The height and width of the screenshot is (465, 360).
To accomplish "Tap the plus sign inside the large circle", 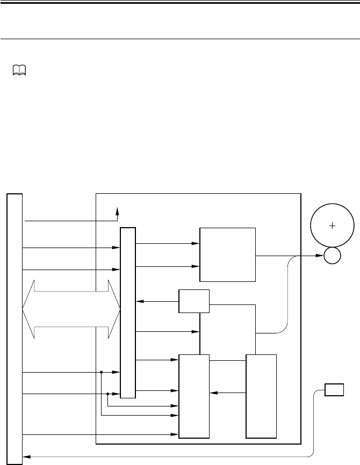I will (x=332, y=226).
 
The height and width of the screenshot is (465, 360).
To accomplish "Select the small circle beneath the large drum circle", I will (x=332, y=256).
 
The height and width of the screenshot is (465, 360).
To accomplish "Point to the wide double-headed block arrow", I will (x=71, y=309).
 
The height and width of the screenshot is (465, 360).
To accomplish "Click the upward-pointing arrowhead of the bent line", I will (x=118, y=211).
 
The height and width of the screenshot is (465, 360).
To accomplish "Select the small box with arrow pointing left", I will (x=194, y=301).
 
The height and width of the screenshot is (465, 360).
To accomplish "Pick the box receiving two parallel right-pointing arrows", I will (x=227, y=255).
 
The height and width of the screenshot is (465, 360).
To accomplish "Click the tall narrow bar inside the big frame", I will (x=128, y=313).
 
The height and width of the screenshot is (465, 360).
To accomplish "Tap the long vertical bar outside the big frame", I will (x=15, y=328).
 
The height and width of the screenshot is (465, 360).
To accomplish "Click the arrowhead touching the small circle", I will (x=319, y=256).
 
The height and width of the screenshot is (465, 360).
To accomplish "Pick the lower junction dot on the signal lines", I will (x=108, y=394).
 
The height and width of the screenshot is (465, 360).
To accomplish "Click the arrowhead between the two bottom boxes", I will (x=213, y=393).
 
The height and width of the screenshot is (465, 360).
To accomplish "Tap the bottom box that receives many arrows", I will (x=194, y=396).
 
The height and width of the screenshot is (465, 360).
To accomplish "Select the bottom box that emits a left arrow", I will (x=261, y=396).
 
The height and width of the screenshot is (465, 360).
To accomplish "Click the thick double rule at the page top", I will (x=180, y=3).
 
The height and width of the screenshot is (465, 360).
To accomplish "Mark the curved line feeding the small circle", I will (x=289, y=301).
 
